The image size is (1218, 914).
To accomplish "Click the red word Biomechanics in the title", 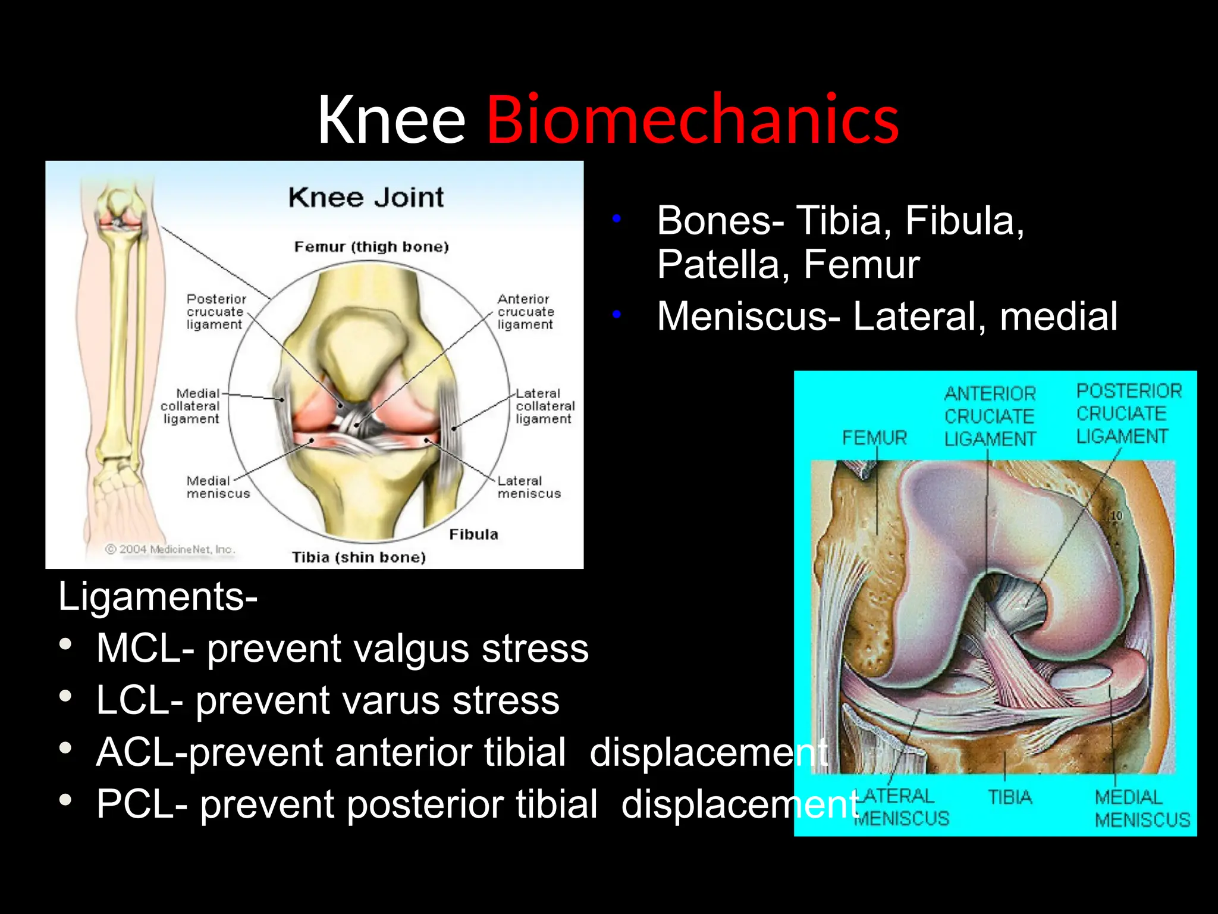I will click(x=693, y=120).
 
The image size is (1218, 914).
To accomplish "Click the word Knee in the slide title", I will click(x=391, y=120).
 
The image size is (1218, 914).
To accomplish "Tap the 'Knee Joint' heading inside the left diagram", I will click(x=366, y=198).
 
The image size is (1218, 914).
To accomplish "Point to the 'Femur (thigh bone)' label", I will click(x=371, y=247).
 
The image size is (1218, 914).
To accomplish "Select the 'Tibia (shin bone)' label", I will click(x=359, y=558).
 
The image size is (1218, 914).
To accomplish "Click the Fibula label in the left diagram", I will click(x=473, y=534).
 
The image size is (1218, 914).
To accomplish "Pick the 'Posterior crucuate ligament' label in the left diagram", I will click(x=215, y=312).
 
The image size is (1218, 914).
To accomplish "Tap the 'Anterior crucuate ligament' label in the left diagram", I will click(x=525, y=312).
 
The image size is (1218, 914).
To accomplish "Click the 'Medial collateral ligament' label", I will click(x=191, y=406).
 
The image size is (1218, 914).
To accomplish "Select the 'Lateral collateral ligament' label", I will click(x=544, y=406).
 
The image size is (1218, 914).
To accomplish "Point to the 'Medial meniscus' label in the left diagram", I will click(x=218, y=487).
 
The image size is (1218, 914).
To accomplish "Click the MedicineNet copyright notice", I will click(x=170, y=549).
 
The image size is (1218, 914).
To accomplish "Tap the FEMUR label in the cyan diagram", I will click(x=874, y=439).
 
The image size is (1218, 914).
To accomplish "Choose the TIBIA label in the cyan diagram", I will click(x=1010, y=797).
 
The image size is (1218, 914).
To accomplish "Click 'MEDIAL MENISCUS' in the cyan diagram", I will click(x=1142, y=809).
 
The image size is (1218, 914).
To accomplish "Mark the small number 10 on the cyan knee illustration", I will click(x=1116, y=516).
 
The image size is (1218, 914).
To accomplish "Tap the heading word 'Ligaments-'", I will click(x=158, y=596).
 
